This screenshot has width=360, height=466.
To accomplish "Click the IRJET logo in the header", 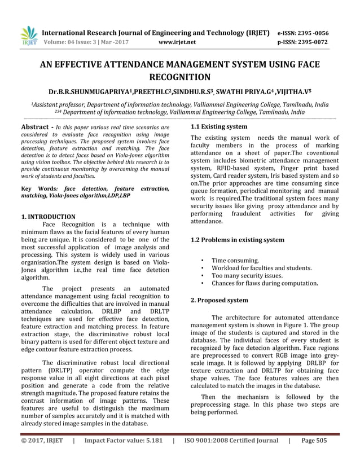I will point(28,36).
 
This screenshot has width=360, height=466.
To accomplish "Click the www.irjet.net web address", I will point(177,42).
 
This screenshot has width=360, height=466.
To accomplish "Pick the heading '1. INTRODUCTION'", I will point(48,217).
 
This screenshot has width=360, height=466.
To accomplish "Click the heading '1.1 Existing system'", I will point(219,127).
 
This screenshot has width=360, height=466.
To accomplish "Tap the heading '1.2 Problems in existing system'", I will point(238,240).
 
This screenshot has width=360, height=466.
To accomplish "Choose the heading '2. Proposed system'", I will point(219,300).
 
